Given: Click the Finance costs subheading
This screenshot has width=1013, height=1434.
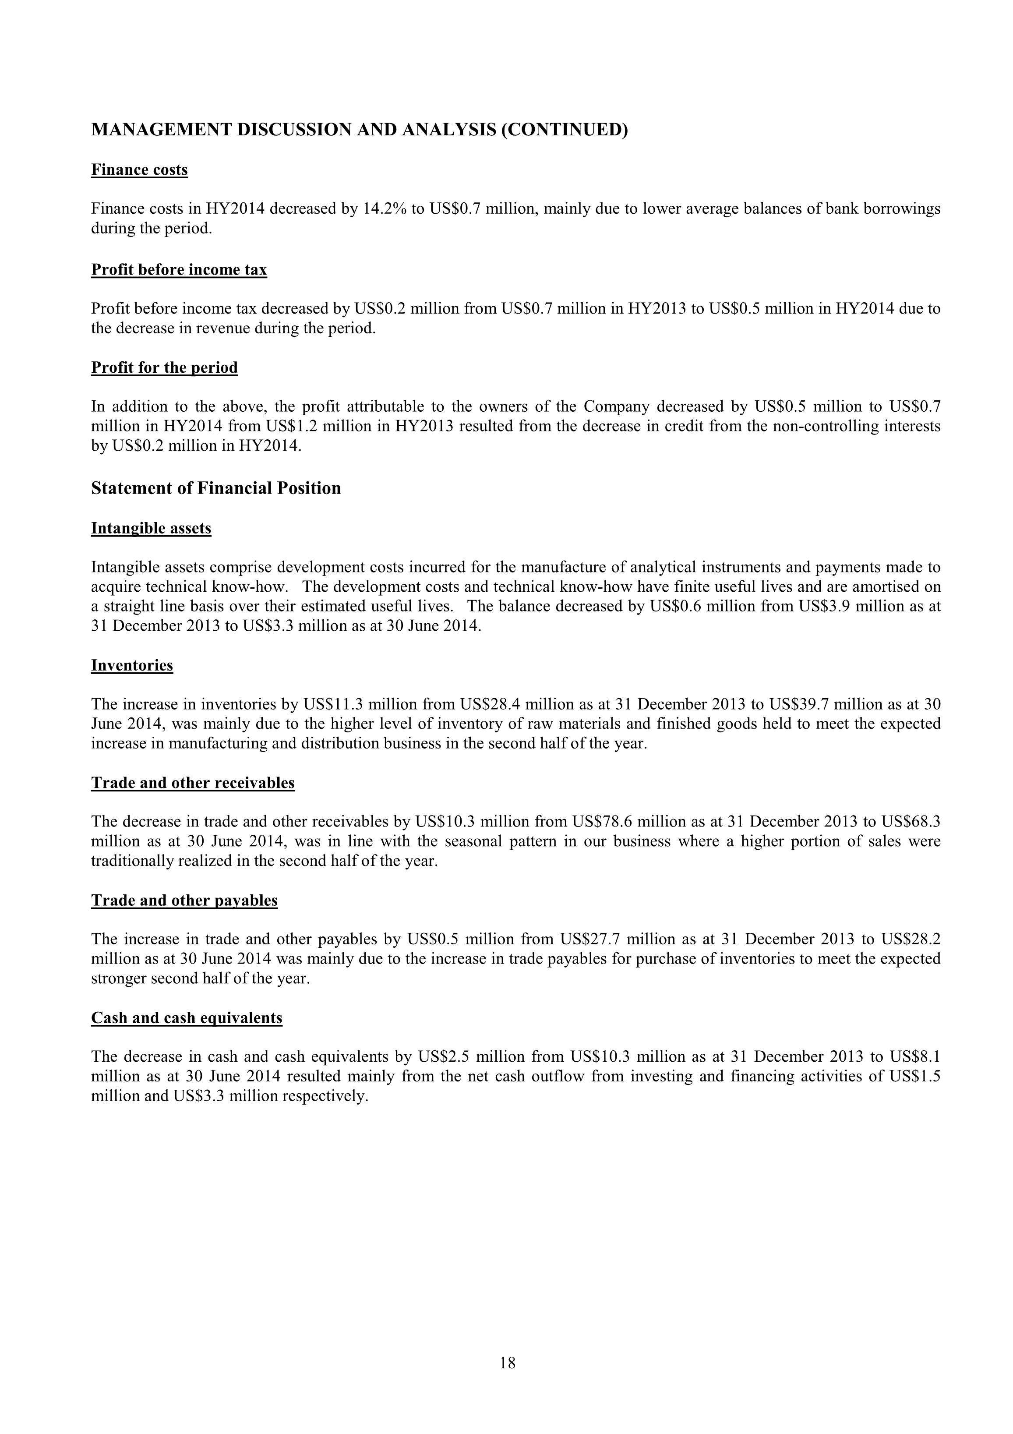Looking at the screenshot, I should [139, 170].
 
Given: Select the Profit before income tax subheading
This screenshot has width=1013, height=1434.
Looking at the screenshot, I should [179, 270].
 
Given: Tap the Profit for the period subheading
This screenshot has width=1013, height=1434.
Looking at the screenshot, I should [164, 368].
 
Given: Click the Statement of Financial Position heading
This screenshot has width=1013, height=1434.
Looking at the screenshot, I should [216, 488].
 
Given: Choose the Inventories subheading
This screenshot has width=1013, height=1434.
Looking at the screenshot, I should [132, 666].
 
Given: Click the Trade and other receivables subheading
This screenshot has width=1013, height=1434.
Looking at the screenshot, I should [192, 783].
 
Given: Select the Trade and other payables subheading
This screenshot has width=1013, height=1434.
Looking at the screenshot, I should [184, 901].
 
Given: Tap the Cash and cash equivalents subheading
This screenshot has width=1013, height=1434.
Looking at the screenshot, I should [187, 1018].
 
